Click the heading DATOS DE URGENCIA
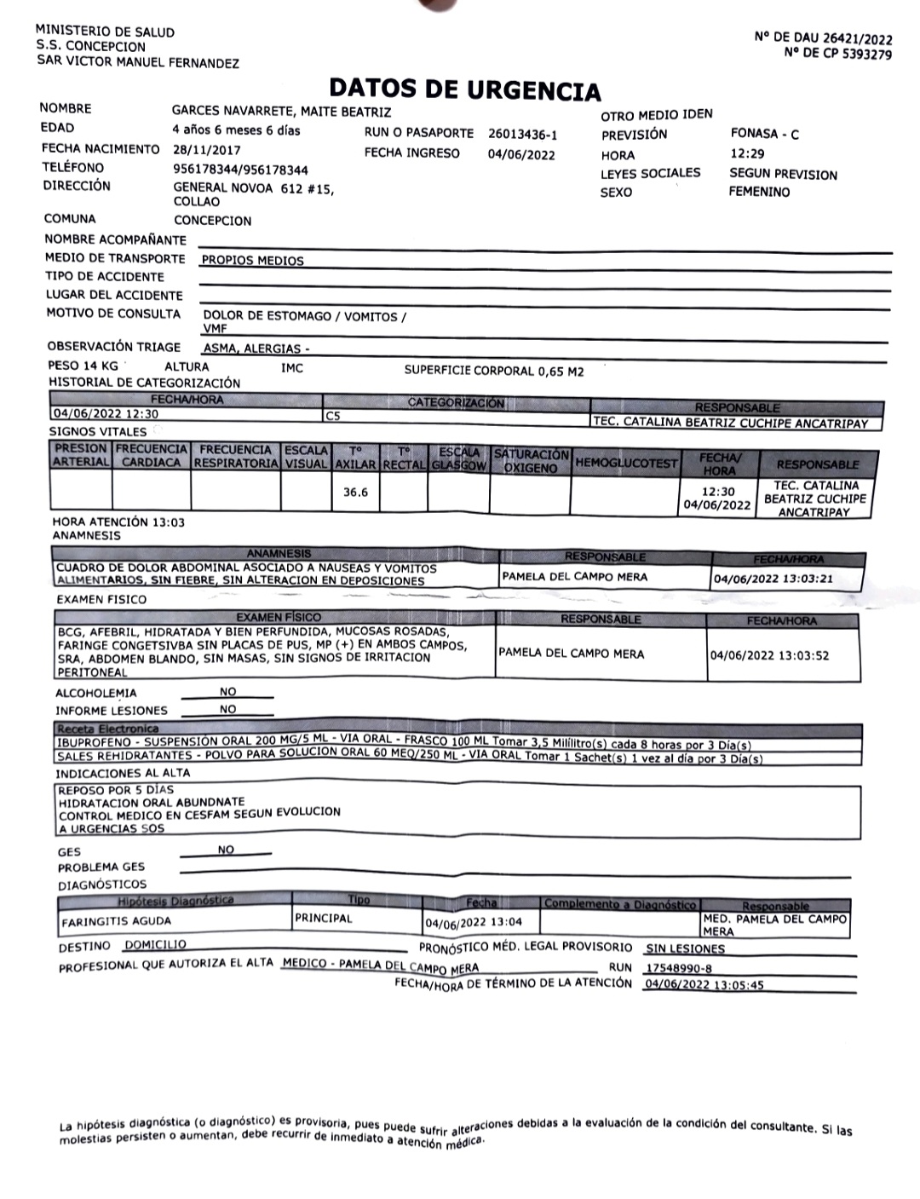pyautogui.click(x=464, y=90)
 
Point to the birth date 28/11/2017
pyautogui.click(x=206, y=149)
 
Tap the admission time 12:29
pyautogui.click(x=747, y=154)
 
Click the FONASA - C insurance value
pyautogui.click(x=764, y=134)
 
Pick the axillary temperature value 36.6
pyautogui.click(x=355, y=493)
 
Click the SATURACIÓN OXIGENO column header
pyautogui.click(x=531, y=461)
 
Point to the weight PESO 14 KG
pyautogui.click(x=83, y=366)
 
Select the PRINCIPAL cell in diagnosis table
pyautogui.click(x=323, y=919)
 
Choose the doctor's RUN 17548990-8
pyautogui.click(x=679, y=968)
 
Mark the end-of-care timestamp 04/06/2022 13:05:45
pyautogui.click(x=704, y=984)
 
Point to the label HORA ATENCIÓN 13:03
pyautogui.click(x=118, y=522)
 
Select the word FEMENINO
pyautogui.click(x=759, y=192)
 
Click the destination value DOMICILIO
pyautogui.click(x=155, y=944)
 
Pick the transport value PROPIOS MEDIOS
pyautogui.click(x=252, y=261)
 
